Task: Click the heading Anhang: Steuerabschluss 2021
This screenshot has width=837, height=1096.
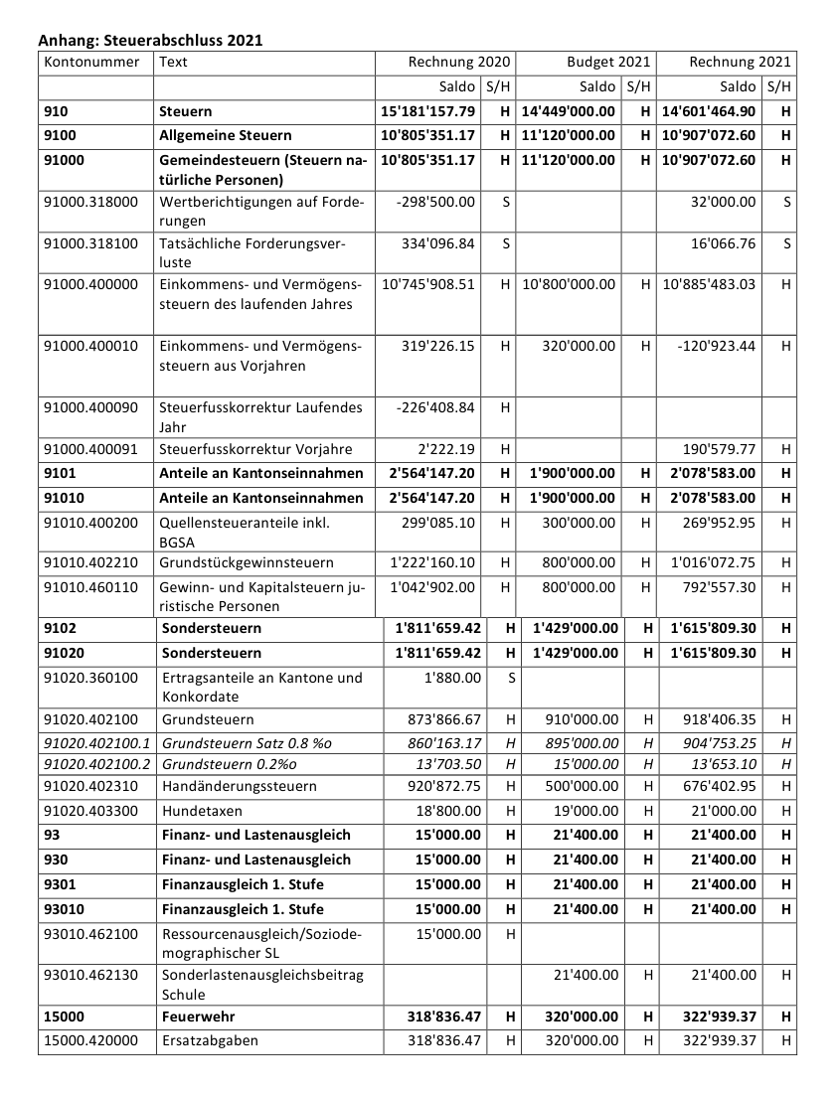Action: click(150, 41)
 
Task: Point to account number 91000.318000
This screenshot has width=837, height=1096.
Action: click(91, 203)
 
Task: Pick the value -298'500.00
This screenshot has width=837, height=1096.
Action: click(435, 203)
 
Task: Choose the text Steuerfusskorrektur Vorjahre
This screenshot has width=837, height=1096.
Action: click(255, 449)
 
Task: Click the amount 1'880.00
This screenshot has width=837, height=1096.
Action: click(452, 678)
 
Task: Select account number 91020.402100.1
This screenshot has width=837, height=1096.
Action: click(96, 743)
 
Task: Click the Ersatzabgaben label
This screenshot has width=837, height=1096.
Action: click(210, 1041)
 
